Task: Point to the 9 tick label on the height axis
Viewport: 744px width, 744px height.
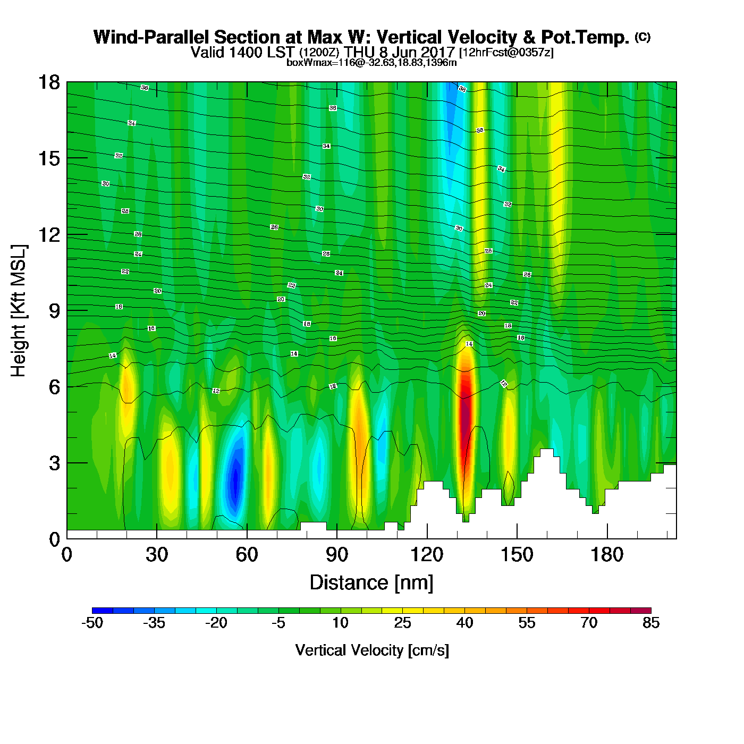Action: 54,311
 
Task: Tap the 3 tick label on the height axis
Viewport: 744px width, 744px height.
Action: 54,463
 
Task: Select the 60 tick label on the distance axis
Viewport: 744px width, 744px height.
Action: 247,555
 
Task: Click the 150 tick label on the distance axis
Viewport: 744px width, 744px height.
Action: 517,555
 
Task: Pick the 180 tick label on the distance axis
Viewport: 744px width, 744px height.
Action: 607,555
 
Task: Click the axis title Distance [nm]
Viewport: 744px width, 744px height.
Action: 371,583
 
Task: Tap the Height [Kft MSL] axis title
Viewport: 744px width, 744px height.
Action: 19,311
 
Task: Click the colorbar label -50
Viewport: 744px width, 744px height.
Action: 92,623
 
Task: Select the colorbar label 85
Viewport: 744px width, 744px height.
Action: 651,623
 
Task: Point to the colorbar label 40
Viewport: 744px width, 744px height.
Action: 464,623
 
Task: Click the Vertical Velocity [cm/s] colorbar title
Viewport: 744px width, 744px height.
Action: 371,650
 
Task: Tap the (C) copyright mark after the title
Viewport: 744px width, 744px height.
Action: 642,37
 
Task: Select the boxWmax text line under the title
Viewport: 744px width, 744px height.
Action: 371,63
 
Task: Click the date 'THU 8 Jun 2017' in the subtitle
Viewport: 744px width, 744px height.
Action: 399,52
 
